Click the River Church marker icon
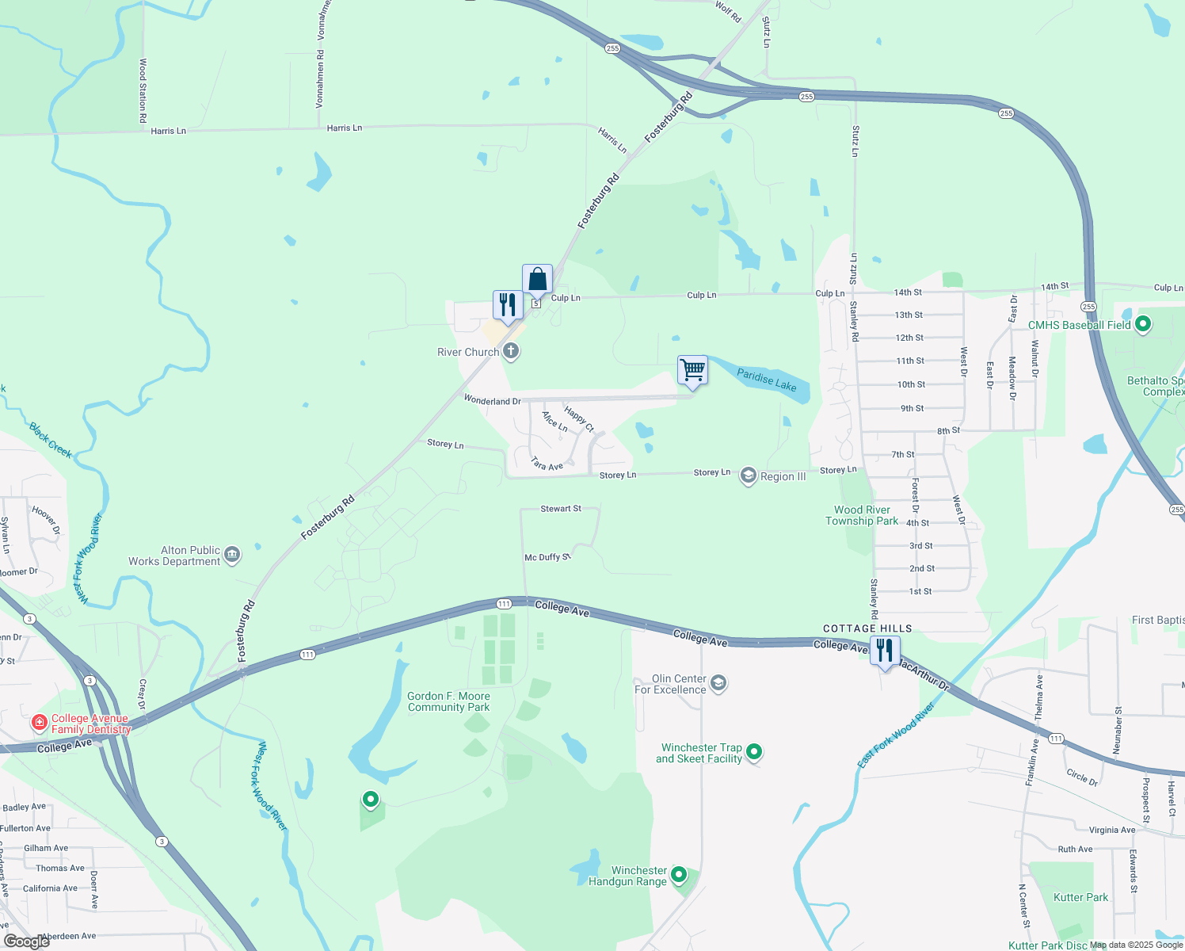[x=511, y=351]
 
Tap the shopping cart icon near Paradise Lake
[x=692, y=370]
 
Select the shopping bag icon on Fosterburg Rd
[x=537, y=280]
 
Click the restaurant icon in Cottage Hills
[x=885, y=651]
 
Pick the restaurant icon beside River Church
[x=508, y=305]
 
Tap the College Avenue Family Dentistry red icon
[x=39, y=723]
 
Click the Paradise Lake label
[x=766, y=380]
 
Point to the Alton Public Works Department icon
[x=232, y=555]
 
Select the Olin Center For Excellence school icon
[x=718, y=683]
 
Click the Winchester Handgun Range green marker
[x=679, y=875]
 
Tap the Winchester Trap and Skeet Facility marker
[x=754, y=751]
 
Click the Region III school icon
[x=748, y=475]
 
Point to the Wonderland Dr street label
[x=492, y=401]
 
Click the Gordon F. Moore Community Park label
[x=448, y=701]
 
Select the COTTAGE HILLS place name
[x=867, y=628]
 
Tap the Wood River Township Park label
[x=862, y=515]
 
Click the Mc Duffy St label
[x=547, y=557]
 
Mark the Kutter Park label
[x=1080, y=897]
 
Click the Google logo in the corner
[x=27, y=941]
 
